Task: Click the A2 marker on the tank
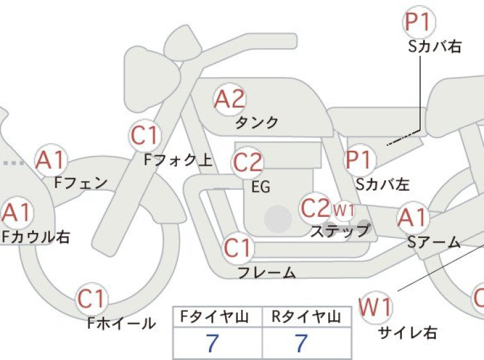coord(229,99)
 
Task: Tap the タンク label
coord(257,123)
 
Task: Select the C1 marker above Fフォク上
coord(145,135)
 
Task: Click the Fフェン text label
coord(81,183)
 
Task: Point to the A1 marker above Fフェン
coord(51,160)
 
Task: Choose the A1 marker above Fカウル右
coord(17,212)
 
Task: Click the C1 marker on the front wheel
coord(92,298)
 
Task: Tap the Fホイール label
coord(121,323)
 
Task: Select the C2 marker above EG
coord(247,162)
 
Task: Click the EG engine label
coord(261,187)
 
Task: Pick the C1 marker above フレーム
coord(238,248)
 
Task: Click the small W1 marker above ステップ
coord(344,210)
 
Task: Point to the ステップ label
coord(340,231)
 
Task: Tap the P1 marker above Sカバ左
coord(359,160)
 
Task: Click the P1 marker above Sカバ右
coord(419,22)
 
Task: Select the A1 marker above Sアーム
coord(413,218)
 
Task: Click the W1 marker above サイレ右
coord(376,307)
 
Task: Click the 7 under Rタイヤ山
coord(301,343)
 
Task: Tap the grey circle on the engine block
coord(278,219)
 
